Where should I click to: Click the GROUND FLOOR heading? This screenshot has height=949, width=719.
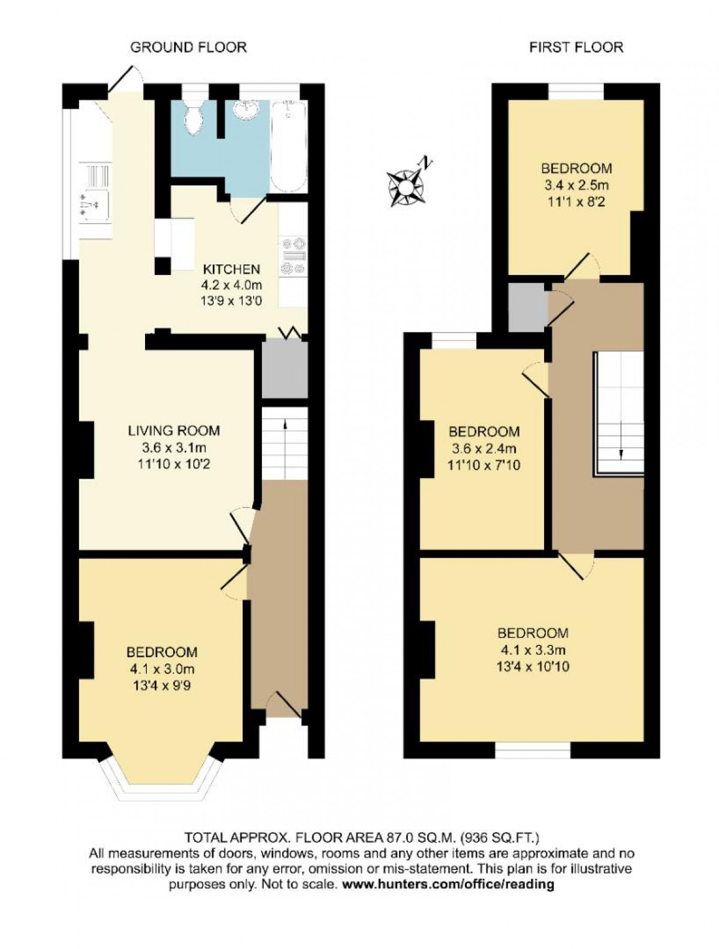(188, 47)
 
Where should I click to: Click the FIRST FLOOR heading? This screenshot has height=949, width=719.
(576, 47)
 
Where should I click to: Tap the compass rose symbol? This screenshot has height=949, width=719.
(407, 185)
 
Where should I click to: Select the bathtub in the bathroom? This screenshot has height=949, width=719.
(289, 145)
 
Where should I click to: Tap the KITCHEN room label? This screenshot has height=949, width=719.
(232, 270)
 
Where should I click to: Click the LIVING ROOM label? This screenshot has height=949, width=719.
(174, 431)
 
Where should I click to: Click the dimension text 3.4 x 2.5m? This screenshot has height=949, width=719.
(577, 186)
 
